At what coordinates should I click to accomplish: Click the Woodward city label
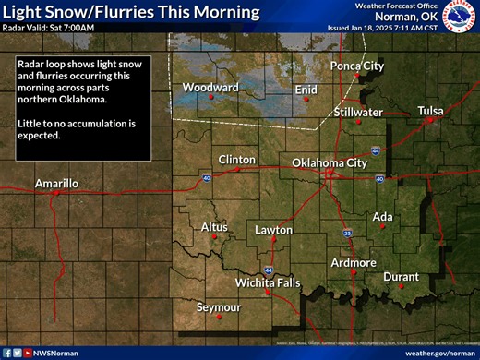click(x=210, y=87)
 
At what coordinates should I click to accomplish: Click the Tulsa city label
click(x=430, y=111)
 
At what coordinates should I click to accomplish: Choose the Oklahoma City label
click(x=330, y=162)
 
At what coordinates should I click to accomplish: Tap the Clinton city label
click(x=236, y=160)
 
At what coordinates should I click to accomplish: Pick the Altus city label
click(x=214, y=226)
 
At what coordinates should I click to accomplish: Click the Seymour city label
click(x=219, y=306)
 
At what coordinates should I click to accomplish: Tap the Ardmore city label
click(x=354, y=263)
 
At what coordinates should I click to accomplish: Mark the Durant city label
click(x=401, y=276)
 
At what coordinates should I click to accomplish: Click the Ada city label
click(x=382, y=217)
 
